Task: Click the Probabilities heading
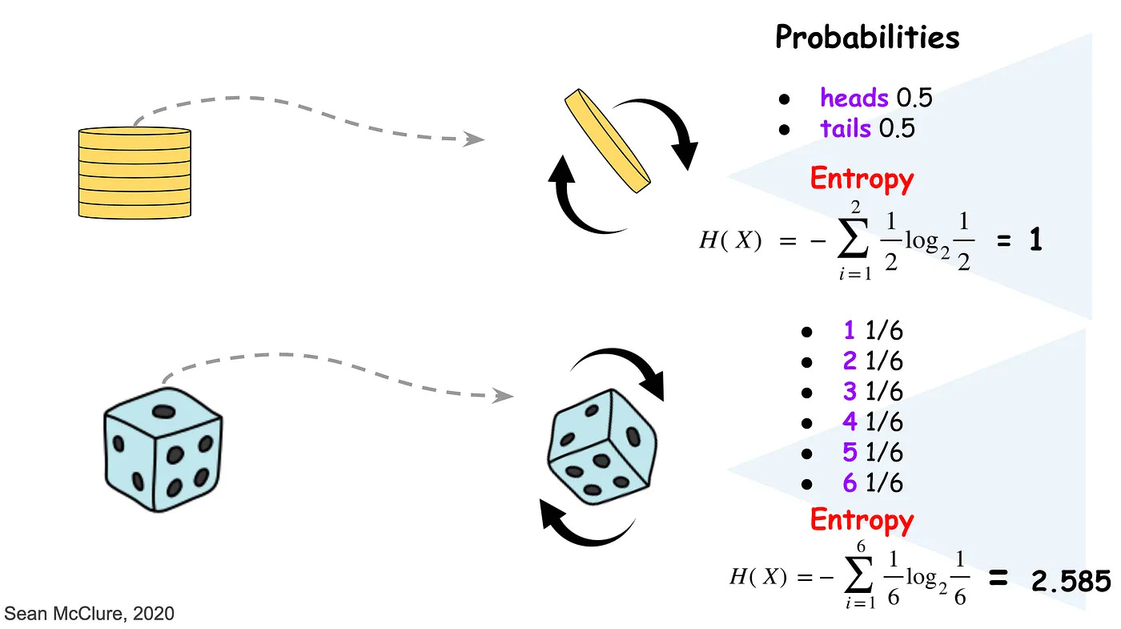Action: (x=867, y=37)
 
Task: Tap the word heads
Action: (x=854, y=98)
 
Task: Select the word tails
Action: (x=846, y=128)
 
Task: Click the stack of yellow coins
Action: (x=135, y=172)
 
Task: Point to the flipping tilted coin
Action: (x=605, y=141)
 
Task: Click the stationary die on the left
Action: (x=163, y=446)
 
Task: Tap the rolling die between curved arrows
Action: (x=604, y=443)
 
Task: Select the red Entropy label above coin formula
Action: (x=862, y=179)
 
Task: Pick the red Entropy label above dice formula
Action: (x=862, y=520)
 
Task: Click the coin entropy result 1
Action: (x=1035, y=241)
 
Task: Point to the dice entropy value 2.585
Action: (x=1071, y=582)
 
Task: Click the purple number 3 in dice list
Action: (x=850, y=391)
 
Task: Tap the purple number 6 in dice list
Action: (x=850, y=483)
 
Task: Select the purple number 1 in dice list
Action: (x=850, y=330)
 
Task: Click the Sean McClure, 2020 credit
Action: (x=89, y=614)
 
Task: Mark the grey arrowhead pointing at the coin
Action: (x=476, y=139)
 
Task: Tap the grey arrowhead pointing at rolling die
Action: (x=503, y=395)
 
